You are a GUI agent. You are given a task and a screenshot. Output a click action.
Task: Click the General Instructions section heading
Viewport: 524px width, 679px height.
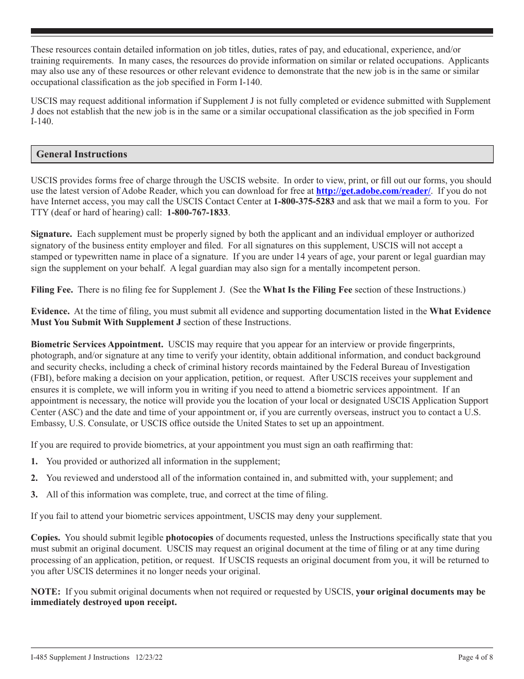(82, 155)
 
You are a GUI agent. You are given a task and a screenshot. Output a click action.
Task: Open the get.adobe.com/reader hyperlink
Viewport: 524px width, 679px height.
(373, 191)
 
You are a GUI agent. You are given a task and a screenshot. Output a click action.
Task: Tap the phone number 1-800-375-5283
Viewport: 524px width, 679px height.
(303, 201)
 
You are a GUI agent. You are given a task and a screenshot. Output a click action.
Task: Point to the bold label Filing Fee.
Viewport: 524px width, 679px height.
(52, 290)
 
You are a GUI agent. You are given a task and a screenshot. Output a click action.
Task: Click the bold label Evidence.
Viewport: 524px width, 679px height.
(50, 311)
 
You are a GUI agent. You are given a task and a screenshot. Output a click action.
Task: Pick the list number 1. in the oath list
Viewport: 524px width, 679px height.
(34, 461)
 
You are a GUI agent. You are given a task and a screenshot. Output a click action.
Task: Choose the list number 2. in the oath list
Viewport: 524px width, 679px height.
(34, 478)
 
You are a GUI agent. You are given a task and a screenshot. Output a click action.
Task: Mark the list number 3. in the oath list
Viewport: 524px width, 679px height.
(34, 495)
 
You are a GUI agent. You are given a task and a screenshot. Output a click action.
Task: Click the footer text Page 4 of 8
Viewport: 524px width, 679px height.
(475, 657)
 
